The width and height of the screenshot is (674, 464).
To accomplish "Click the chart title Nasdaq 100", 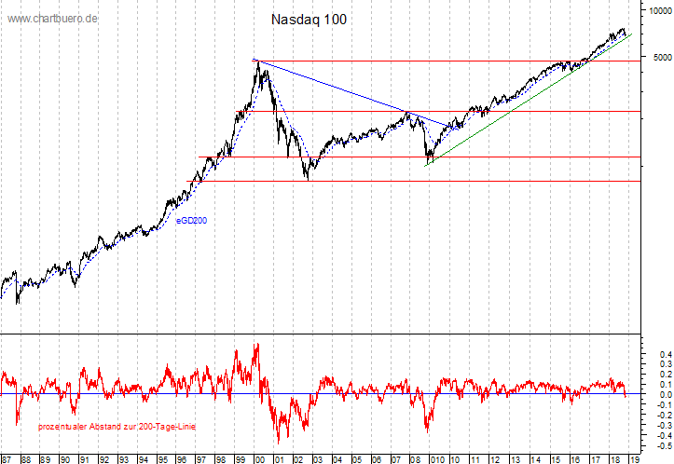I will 309,19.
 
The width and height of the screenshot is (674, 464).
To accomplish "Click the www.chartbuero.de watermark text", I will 53,19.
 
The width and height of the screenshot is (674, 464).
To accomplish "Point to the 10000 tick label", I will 658,10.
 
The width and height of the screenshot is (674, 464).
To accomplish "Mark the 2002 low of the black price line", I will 308,178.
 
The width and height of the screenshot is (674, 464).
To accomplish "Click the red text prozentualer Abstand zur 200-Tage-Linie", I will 117,426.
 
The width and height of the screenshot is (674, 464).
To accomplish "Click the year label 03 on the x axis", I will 318,458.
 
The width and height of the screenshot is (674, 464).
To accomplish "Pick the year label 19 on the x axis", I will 633,458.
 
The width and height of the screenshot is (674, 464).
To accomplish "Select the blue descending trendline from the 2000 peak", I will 336,89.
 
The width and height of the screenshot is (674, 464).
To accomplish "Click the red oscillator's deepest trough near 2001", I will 278,443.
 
